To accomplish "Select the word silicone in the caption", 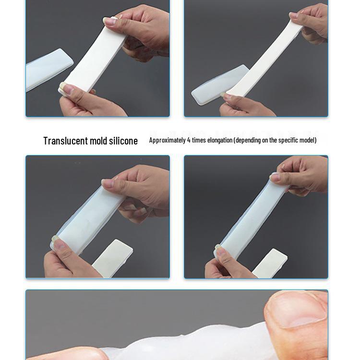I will coord(123,141).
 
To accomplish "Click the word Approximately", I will coord(167,140).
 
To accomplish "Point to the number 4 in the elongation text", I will coord(189,140).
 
